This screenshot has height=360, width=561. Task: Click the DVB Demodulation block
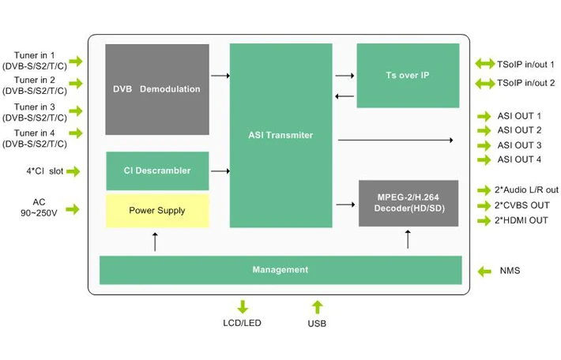(x=157, y=89)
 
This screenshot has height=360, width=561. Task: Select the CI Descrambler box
(x=157, y=171)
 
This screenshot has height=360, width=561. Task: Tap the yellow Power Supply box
(x=157, y=211)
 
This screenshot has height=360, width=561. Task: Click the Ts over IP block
(x=408, y=76)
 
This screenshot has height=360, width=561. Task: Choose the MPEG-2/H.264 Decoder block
(x=409, y=203)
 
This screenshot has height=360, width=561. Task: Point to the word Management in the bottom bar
(x=280, y=269)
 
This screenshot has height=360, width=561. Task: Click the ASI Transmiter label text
(x=280, y=135)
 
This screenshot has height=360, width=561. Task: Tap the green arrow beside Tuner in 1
(x=76, y=61)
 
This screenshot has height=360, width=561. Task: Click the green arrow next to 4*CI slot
(x=73, y=171)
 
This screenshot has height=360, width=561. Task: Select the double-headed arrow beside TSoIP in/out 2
(x=485, y=84)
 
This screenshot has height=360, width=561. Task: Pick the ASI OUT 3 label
(x=519, y=145)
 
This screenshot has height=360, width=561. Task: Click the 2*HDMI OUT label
(x=521, y=220)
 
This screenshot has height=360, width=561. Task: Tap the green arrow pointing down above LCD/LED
(x=243, y=307)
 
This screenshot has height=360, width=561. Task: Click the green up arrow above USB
(x=318, y=307)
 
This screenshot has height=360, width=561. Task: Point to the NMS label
(x=510, y=271)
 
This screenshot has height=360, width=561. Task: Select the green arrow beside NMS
(x=484, y=272)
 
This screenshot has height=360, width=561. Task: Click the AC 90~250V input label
(x=39, y=208)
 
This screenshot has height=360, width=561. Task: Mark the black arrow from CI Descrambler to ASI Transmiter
(x=220, y=171)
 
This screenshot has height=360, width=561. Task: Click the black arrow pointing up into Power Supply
(x=155, y=242)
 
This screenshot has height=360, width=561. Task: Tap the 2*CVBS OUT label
(x=522, y=205)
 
